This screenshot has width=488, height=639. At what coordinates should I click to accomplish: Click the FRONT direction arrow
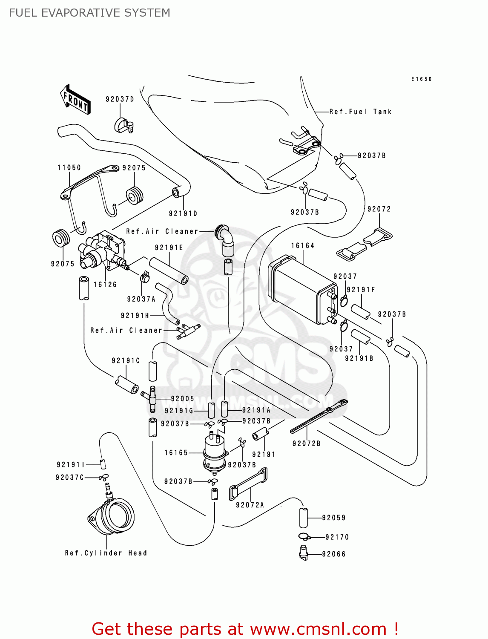pos(76,99)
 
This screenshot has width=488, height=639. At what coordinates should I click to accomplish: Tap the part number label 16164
pos(302,246)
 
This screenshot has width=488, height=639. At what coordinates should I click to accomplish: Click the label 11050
pos(69,168)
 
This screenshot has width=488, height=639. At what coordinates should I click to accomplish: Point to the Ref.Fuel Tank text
pos(360,112)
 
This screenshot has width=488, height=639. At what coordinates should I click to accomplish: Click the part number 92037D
pos(120,99)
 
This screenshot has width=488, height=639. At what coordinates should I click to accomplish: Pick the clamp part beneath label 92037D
pos(123,124)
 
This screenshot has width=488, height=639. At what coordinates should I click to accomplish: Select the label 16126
pos(105,285)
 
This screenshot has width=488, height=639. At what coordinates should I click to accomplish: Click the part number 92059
pos(333,518)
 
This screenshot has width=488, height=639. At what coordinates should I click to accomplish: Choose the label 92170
pos(337,537)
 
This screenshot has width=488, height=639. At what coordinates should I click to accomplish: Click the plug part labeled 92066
pos(303,553)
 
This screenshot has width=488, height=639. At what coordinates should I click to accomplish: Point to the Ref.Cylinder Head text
pos(106,553)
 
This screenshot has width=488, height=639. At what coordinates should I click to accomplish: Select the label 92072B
pos(306,443)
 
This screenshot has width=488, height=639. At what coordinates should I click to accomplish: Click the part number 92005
pos(182,399)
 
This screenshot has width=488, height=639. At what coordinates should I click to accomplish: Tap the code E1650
pos(421,79)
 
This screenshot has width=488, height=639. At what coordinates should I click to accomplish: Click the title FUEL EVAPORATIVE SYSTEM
pos(89,13)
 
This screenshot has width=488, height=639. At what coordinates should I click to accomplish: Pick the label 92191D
pos(183,213)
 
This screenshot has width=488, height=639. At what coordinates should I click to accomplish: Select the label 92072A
pos(250,505)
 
